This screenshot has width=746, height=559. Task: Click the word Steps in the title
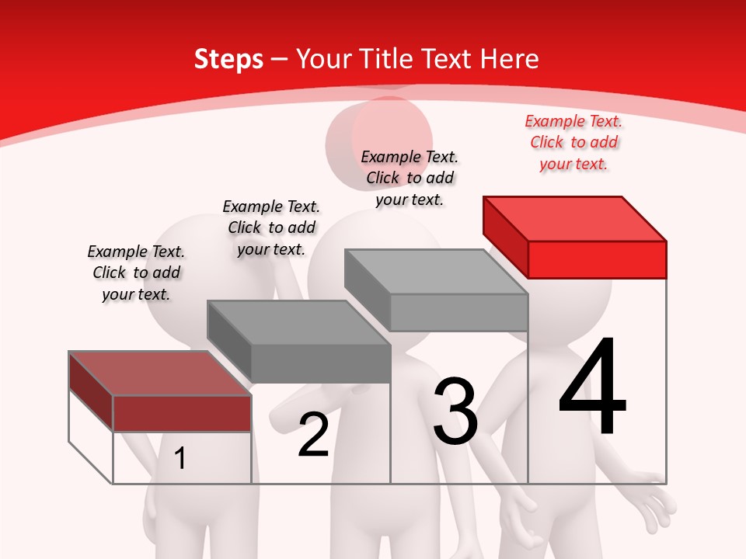[x=228, y=59]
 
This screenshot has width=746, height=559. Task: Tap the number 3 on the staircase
[x=455, y=411]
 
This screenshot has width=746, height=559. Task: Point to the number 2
[x=313, y=435]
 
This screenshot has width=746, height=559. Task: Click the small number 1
[x=180, y=458]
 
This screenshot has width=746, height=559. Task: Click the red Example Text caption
[x=573, y=142]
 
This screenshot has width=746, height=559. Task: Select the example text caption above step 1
[x=136, y=273]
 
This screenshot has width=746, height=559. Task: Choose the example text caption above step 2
[x=271, y=227]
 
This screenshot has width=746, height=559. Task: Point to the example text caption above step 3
[x=410, y=178]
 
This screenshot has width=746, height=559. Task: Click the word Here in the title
[x=510, y=59]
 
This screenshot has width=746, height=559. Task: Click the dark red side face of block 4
[x=505, y=236]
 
